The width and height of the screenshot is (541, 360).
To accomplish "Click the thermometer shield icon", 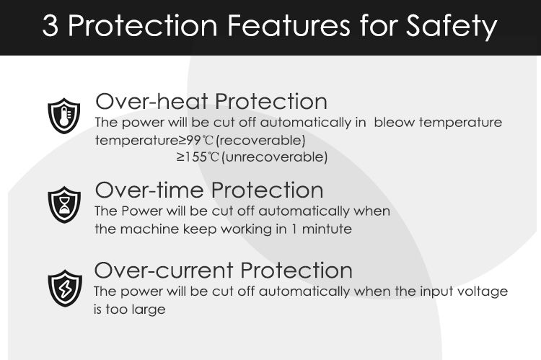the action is coord(63,115).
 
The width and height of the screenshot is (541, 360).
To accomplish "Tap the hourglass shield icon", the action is coord(64,205).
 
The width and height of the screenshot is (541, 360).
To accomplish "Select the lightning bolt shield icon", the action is coord(65,289).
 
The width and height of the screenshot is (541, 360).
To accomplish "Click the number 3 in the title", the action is coord(50,26).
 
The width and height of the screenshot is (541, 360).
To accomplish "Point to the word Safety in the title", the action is coord(452,27).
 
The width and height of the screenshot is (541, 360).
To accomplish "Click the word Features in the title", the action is coord(289,25).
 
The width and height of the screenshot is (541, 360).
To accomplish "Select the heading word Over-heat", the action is coord(151,102).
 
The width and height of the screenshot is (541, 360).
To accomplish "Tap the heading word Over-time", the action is coord(149,190).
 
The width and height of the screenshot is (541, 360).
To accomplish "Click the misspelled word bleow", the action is coord(395,123).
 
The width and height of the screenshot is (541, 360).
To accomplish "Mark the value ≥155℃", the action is coord(198,157).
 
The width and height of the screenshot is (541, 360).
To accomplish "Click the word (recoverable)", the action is coord(261,141).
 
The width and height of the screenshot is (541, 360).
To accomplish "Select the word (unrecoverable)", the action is coord(275,158).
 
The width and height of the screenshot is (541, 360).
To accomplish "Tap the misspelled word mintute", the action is coord(327,229).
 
